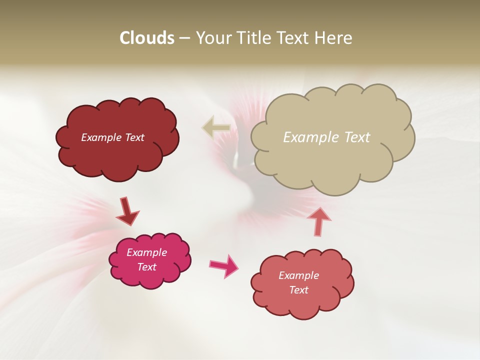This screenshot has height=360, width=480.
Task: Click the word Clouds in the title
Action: click(147, 38)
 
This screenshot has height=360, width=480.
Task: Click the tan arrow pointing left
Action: click(216, 127)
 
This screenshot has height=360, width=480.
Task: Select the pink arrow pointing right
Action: click(224, 265)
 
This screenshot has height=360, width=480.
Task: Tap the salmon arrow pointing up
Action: click(318, 221)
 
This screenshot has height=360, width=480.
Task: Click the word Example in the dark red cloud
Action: click(101, 137)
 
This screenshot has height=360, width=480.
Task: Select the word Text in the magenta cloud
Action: click(147, 267)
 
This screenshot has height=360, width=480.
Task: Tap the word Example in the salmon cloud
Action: click(298, 275)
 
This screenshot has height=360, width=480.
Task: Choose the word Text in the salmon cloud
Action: click(298, 290)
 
